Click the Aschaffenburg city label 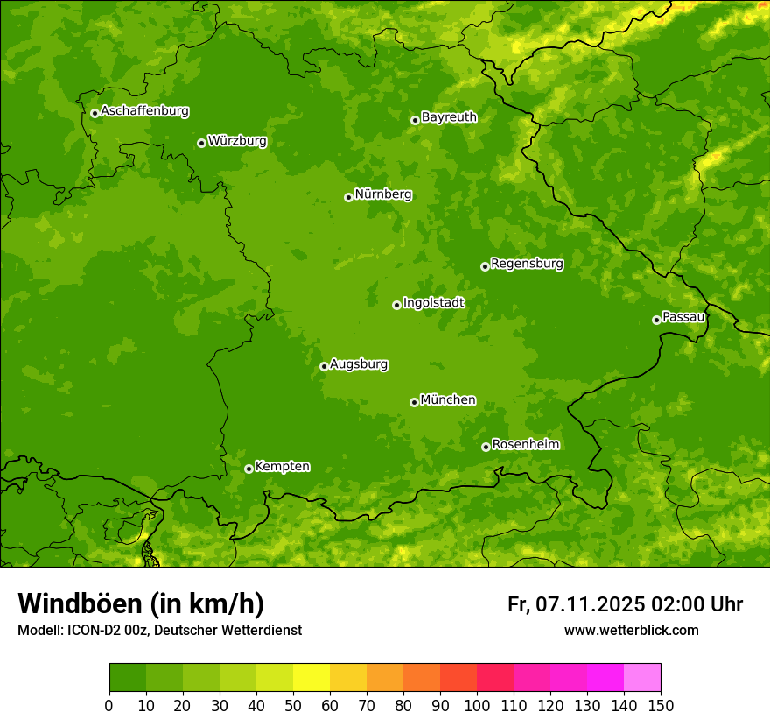click(144, 111)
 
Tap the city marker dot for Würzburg click(201, 143)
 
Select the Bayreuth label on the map click(449, 117)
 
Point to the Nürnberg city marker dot click(348, 197)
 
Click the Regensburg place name click(527, 264)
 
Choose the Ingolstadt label click(433, 303)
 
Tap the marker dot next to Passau click(656, 320)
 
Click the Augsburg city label click(359, 364)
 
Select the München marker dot click(414, 402)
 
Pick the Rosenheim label click(525, 445)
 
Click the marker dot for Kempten click(248, 469)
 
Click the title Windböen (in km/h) click(141, 603)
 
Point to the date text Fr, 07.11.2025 click(576, 604)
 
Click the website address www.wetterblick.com click(631, 631)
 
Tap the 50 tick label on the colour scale click(293, 705)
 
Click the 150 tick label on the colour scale click(661, 705)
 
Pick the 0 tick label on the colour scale click(109, 705)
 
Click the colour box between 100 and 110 click(495, 678)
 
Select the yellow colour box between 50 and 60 click(311, 678)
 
